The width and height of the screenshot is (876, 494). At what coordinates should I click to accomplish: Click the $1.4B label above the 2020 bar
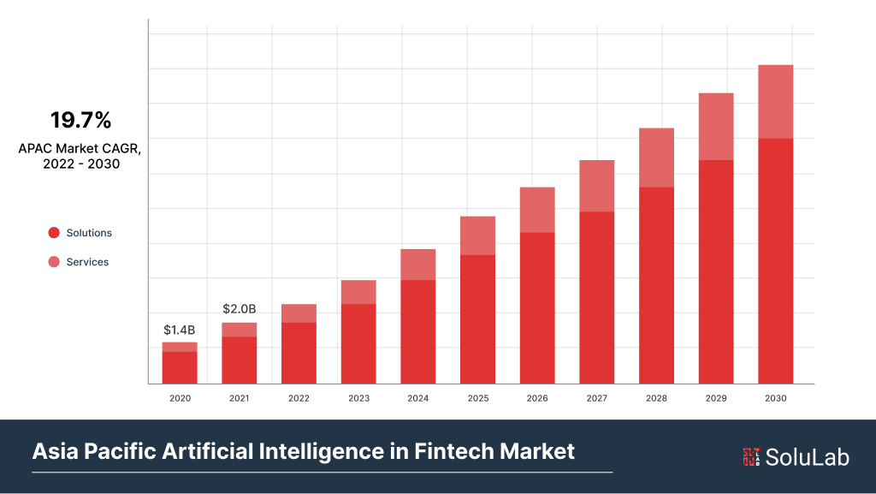pyautogui.click(x=180, y=330)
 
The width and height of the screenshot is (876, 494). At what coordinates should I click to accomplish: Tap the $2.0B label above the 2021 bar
pyautogui.click(x=240, y=308)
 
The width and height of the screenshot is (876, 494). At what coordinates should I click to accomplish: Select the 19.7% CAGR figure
pyautogui.click(x=80, y=120)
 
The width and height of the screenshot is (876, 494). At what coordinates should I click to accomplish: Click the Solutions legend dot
pyautogui.click(x=54, y=233)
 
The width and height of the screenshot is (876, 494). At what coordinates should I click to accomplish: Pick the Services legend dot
pyautogui.click(x=54, y=262)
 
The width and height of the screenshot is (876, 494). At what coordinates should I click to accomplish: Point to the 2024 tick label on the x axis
pyautogui.click(x=417, y=398)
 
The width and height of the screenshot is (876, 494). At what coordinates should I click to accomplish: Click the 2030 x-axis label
pyautogui.click(x=775, y=398)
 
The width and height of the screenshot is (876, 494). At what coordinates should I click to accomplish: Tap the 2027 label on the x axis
pyautogui.click(x=596, y=398)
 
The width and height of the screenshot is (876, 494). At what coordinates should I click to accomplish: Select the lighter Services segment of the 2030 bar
pyautogui.click(x=775, y=101)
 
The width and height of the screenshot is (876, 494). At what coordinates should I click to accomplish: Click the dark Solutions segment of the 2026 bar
pyautogui.click(x=537, y=307)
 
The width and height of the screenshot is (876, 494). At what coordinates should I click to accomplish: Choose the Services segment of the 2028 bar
pyautogui.click(x=656, y=158)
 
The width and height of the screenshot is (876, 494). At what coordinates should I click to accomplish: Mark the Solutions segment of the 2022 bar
pyautogui.click(x=299, y=353)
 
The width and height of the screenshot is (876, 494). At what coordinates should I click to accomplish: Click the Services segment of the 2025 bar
pyautogui.click(x=477, y=235)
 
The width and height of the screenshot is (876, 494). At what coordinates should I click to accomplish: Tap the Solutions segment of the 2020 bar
pyautogui.click(x=180, y=367)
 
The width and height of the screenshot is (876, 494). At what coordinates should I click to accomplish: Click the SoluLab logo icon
pyautogui.click(x=751, y=457)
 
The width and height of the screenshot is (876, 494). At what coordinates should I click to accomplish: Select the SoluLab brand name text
pyautogui.click(x=808, y=457)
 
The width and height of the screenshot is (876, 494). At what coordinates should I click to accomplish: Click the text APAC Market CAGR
pyautogui.click(x=80, y=148)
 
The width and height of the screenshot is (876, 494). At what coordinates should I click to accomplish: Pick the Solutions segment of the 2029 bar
pyautogui.click(x=716, y=271)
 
